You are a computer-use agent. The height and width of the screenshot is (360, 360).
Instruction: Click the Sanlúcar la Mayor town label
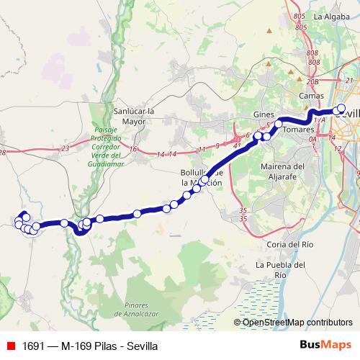(134, 116)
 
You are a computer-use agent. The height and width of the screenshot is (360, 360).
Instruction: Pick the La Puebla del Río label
(282, 269)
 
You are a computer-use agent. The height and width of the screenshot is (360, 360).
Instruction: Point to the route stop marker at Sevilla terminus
(341, 110)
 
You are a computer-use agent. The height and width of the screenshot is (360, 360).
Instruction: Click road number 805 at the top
(300, 15)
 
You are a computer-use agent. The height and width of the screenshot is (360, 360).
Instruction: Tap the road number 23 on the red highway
(66, 148)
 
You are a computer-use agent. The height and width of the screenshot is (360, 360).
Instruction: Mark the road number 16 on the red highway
(134, 149)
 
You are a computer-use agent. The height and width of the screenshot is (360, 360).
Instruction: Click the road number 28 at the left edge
(3, 152)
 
